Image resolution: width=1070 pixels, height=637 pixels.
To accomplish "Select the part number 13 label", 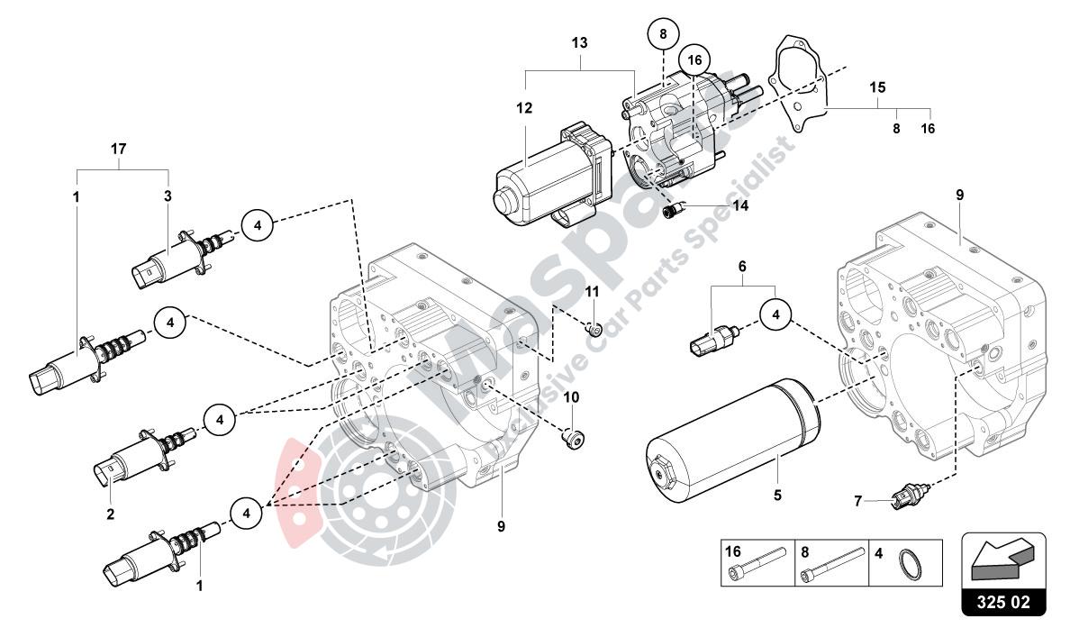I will (x=579, y=42).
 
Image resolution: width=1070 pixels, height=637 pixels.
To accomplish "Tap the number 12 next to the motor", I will (x=525, y=109).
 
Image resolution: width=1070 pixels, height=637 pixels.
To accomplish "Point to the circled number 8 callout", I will (x=663, y=35).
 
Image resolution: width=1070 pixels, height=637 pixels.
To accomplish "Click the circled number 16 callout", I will (x=693, y=59).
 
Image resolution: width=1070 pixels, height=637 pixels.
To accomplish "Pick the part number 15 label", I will (x=878, y=87).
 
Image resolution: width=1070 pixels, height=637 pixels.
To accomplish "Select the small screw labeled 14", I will (x=671, y=211).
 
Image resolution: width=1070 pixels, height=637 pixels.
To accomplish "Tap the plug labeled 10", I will (x=571, y=440).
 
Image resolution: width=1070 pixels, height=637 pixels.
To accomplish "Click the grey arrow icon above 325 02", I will (x=1003, y=560).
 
